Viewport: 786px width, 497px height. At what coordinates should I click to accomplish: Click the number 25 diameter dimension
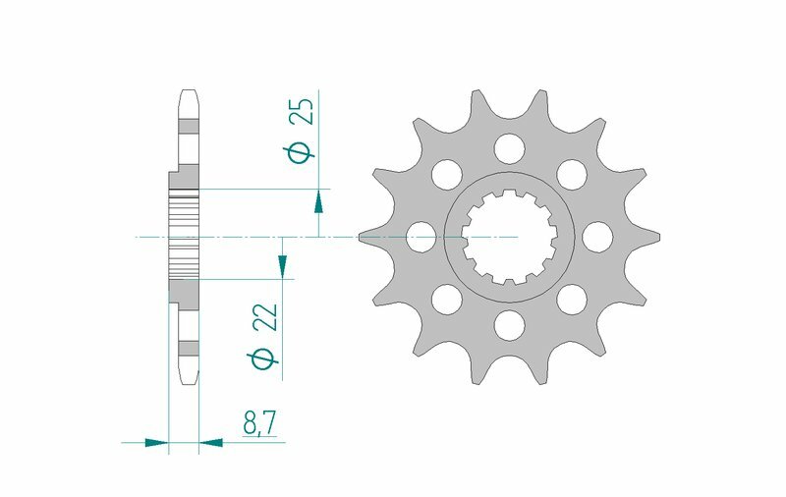[305, 112]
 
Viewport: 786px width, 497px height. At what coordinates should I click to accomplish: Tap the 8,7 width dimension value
[259, 423]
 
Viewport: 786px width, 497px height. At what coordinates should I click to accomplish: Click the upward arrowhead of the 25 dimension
[318, 202]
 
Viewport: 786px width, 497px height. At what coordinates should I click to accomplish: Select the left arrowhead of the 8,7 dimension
[156, 443]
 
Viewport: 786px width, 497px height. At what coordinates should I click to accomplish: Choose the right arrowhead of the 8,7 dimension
[211, 443]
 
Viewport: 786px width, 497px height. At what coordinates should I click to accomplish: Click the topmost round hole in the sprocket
[509, 148]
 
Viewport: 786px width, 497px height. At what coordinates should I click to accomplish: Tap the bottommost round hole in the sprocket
[509, 323]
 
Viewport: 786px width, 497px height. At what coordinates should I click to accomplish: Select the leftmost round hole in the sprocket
[421, 236]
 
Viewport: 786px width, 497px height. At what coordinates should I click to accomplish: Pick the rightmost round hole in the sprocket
[596, 236]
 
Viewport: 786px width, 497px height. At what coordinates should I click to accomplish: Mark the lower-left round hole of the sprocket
[447, 298]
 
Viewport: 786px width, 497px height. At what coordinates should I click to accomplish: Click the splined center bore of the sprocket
[509, 236]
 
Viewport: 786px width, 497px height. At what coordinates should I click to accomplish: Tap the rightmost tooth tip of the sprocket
[656, 236]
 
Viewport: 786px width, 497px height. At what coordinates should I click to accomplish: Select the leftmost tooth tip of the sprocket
[362, 236]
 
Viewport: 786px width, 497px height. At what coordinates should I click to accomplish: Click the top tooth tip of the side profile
[188, 93]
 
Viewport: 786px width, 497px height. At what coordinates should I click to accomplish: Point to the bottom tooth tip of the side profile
[188, 379]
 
